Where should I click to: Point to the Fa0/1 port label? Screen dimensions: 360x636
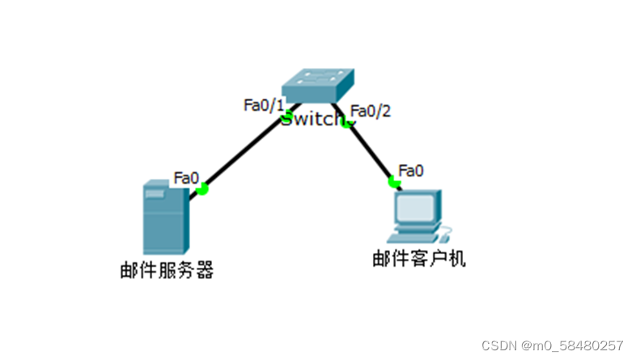(265, 105)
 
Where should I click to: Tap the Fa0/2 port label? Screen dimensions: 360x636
(371, 111)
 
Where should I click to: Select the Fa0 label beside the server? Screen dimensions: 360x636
(186, 177)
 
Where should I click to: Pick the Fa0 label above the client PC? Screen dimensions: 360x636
(411, 171)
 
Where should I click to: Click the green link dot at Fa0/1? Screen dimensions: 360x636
(286, 119)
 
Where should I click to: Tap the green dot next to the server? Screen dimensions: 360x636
(202, 188)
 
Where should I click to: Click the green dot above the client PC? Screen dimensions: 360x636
(394, 182)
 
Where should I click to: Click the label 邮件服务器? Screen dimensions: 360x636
(166, 270)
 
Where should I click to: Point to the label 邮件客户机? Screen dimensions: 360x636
(419, 259)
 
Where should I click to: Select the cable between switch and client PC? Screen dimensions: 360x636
(371, 152)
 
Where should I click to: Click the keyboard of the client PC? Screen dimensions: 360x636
(414, 237)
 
